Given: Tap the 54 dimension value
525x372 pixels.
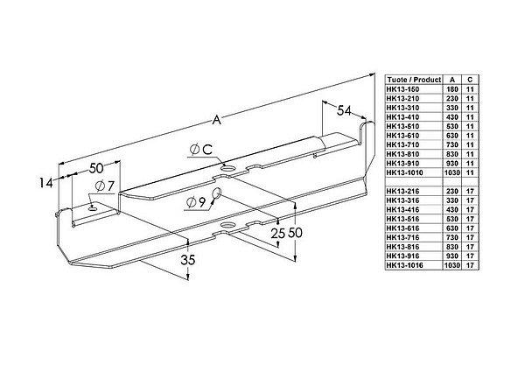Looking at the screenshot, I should click(346, 109).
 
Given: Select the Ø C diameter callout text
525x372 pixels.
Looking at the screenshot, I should click(202, 150).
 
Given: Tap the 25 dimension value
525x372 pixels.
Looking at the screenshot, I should click(278, 234).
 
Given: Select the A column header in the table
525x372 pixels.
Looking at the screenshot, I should click(453, 77).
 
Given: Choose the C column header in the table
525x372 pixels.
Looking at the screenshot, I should click(472, 77).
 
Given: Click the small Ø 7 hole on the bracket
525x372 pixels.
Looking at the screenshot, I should click(93, 207).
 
